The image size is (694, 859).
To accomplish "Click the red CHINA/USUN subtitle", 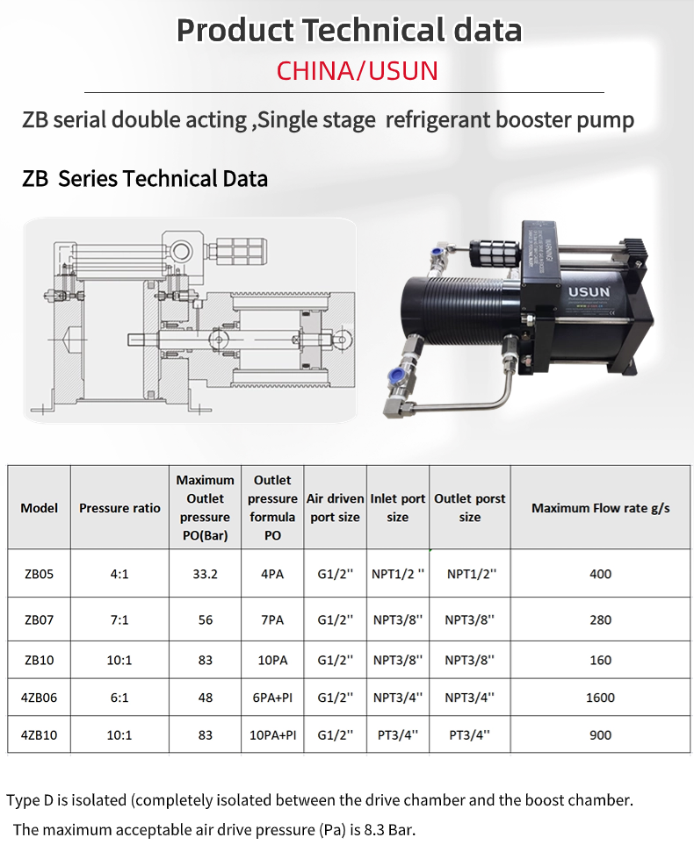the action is click(x=358, y=71).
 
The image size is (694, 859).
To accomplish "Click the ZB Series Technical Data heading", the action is click(x=145, y=179).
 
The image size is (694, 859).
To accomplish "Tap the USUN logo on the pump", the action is click(x=589, y=292).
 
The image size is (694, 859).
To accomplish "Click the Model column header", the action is click(x=39, y=508).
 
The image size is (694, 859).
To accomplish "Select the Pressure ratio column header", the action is click(x=119, y=508).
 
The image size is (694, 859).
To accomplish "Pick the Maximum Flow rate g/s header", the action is click(x=601, y=508).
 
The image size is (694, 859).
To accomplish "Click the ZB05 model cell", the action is click(x=39, y=574).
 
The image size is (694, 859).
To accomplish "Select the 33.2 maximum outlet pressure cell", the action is click(x=206, y=574).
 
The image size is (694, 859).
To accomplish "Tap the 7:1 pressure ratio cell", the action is click(x=119, y=619).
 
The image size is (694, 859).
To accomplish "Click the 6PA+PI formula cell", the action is click(x=272, y=698).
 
